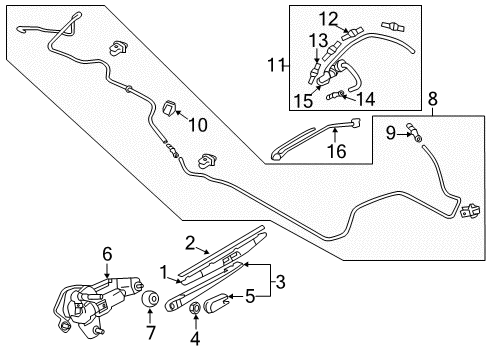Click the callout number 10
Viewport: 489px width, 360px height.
[x=198, y=125]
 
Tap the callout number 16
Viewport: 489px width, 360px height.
[x=337, y=151]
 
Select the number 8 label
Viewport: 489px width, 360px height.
[x=432, y=99]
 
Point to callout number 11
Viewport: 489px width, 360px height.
[x=276, y=65]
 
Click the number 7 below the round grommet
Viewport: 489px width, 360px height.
[x=150, y=333]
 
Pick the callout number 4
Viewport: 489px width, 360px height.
[x=195, y=339]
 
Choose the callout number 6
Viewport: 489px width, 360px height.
[x=107, y=254]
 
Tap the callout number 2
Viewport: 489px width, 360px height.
[x=190, y=243]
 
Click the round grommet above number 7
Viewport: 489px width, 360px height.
[x=149, y=299]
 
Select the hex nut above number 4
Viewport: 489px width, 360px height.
[x=195, y=308]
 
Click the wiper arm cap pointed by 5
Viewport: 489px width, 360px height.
[x=216, y=303]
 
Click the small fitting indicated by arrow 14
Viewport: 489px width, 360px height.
[x=335, y=96]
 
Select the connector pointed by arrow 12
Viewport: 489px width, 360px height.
[x=352, y=33]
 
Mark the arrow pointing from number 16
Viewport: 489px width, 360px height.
[x=335, y=135]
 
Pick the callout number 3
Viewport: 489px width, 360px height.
[x=281, y=282]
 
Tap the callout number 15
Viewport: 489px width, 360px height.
[x=303, y=100]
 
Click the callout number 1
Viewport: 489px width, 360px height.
[x=164, y=273]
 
